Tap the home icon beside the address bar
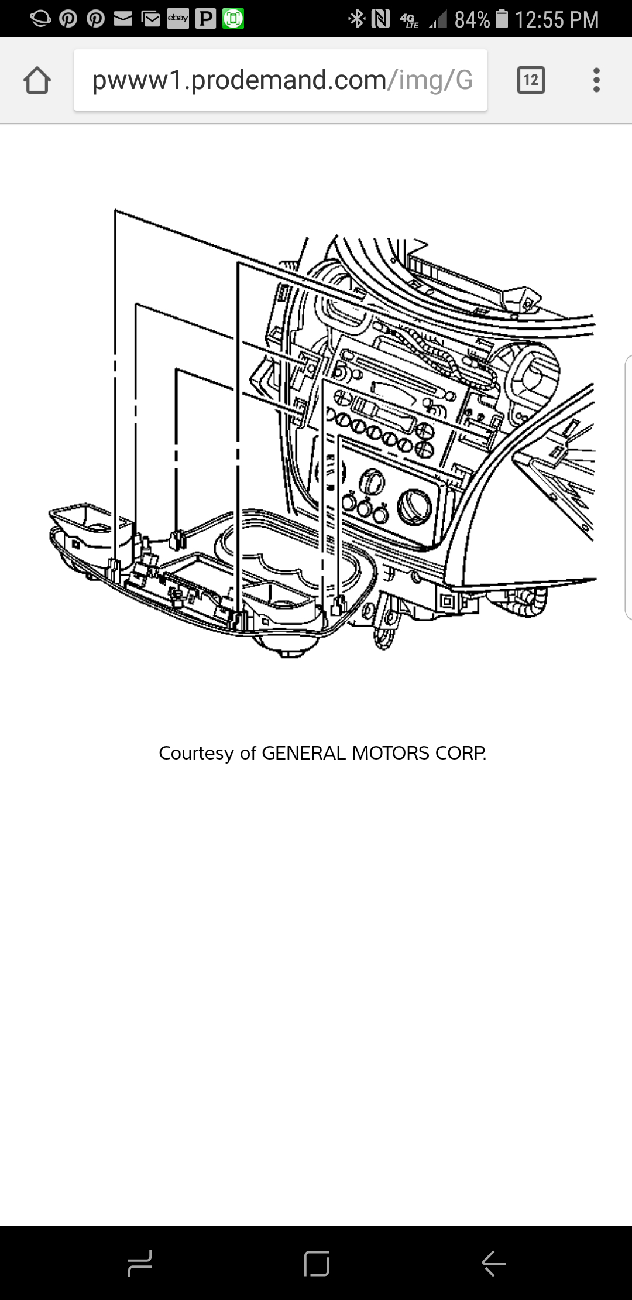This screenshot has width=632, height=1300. [37, 80]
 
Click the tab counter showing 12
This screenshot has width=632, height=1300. [531, 80]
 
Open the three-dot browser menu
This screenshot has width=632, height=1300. [596, 80]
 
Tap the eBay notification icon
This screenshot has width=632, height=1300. [178, 19]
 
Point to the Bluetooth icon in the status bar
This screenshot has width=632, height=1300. [356, 19]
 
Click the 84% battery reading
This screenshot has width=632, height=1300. [472, 20]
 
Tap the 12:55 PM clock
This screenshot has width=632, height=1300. [557, 20]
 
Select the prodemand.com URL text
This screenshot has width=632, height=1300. [281, 80]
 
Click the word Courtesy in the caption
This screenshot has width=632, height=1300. [196, 753]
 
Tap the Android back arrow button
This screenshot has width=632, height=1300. [493, 1263]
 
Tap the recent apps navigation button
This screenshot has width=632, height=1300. [140, 1263]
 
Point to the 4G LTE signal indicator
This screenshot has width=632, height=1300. [410, 20]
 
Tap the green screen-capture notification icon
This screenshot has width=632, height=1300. [233, 19]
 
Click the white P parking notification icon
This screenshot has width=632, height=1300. [205, 19]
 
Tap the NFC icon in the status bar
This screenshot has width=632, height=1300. [380, 19]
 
